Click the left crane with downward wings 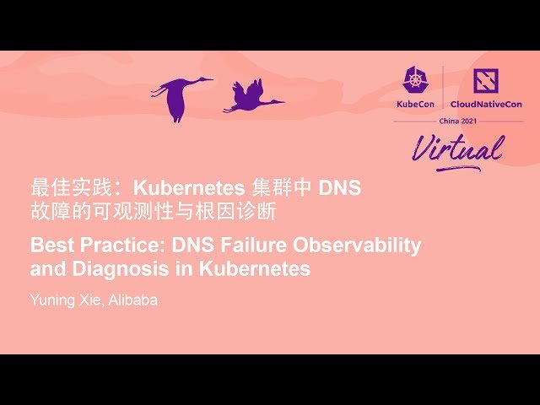179,94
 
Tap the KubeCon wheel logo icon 416,80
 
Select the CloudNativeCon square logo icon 486,80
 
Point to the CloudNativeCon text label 485,104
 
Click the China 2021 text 458,121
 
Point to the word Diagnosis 114,270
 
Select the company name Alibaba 132,300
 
